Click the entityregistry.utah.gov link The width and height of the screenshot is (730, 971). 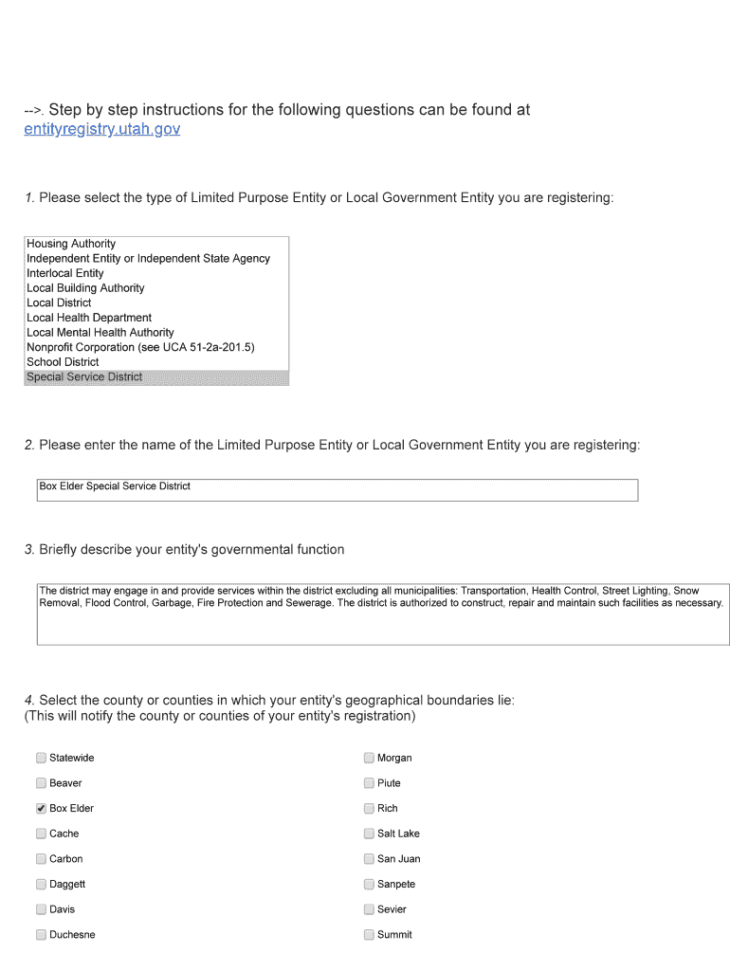click(101, 129)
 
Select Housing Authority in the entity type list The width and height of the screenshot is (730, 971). click(71, 244)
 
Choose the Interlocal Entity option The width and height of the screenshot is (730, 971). click(65, 273)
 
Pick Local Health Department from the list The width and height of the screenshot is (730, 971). click(89, 318)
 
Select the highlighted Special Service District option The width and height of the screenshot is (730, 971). click(84, 377)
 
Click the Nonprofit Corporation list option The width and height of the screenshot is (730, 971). click(140, 347)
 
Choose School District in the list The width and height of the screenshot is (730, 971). click(63, 362)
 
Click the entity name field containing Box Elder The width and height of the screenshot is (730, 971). click(337, 489)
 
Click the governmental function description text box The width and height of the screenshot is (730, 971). click(382, 614)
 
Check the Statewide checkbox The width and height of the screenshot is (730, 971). click(41, 758)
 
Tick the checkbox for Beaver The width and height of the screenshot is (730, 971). click(41, 783)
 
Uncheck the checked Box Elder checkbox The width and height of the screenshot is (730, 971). click(41, 809)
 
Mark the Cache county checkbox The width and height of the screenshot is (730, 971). click(41, 834)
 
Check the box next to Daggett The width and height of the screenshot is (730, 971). click(41, 884)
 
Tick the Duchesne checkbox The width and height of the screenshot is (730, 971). click(41, 935)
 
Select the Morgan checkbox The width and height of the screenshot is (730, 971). click(369, 758)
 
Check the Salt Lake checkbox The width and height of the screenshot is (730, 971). click(369, 834)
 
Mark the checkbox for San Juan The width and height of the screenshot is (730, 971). click(369, 859)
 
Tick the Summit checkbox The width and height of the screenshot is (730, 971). click(369, 935)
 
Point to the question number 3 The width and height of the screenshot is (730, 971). click(29, 550)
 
